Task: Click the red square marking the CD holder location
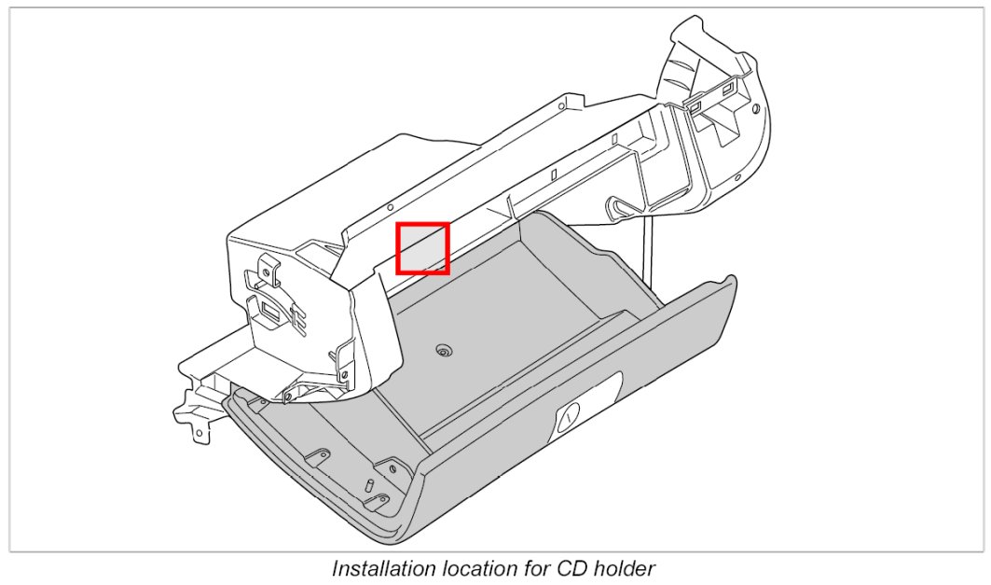[x=423, y=248]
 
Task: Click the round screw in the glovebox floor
[x=444, y=352]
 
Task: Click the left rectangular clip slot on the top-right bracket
[x=696, y=105]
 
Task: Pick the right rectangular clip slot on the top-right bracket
[x=727, y=91]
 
